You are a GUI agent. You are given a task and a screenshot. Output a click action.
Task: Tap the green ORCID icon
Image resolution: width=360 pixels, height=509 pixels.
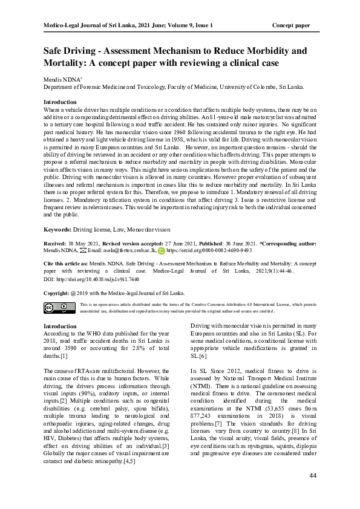point(161,249)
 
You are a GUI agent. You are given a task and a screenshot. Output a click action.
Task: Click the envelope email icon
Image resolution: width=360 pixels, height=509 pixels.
point(82,249)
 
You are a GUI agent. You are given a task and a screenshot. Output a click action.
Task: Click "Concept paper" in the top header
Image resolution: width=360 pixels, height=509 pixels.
point(291,25)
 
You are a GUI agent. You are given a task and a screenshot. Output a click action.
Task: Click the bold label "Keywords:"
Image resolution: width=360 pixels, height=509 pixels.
point(57,230)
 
